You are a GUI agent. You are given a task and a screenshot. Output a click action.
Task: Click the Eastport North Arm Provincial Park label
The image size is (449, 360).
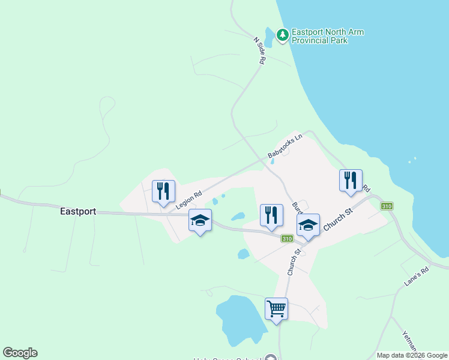(328, 36)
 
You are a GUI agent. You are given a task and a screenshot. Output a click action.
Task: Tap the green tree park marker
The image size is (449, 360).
(282, 35)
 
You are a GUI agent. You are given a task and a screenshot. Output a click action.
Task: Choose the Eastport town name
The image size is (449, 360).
(78, 212)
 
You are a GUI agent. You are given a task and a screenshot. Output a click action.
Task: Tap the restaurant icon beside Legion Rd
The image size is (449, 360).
(163, 191)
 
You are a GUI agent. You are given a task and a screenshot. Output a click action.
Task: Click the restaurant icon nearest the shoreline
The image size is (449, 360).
(351, 181)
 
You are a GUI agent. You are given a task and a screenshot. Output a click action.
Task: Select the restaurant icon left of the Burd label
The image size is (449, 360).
(271, 215)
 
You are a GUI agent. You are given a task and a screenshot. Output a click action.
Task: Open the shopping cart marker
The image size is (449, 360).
(276, 309)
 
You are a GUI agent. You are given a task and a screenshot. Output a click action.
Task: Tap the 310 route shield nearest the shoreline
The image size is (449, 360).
(387, 206)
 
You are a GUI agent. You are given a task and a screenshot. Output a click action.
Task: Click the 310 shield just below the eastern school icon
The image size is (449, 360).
(287, 239)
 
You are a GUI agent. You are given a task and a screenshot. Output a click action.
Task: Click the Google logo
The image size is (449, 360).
(20, 353)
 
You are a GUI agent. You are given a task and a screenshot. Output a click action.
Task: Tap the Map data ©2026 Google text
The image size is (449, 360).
(412, 355)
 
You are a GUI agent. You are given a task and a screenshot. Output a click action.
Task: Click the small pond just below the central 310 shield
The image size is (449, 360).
(243, 254)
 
